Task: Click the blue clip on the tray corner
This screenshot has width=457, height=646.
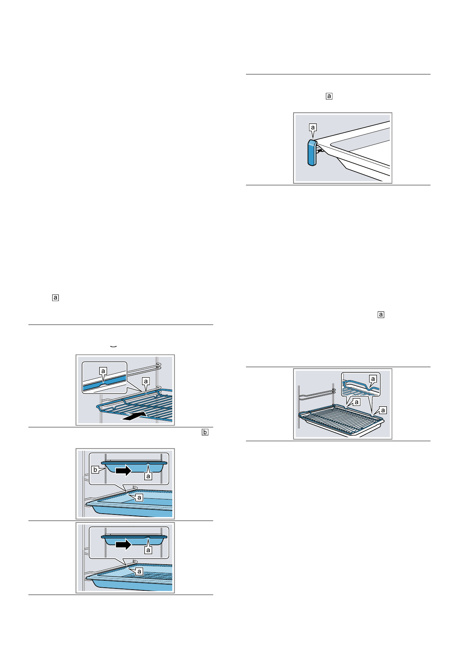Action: click(312, 153)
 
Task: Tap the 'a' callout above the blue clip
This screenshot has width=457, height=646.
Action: click(313, 127)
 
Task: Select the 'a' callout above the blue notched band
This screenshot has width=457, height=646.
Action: click(103, 371)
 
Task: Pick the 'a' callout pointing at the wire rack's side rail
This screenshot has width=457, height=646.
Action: click(145, 381)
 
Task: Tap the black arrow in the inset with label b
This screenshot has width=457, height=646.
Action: click(124, 470)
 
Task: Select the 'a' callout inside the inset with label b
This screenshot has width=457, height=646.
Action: click(148, 476)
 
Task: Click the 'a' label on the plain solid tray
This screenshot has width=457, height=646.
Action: click(139, 498)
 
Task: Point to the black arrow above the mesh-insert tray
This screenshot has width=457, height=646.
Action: click(124, 544)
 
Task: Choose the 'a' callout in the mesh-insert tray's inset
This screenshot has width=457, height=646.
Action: click(148, 550)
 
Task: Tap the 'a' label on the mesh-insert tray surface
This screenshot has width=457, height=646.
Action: click(139, 572)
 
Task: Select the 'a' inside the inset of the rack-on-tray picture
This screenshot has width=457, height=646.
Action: click(372, 379)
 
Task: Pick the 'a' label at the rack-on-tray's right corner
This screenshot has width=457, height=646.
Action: click(383, 410)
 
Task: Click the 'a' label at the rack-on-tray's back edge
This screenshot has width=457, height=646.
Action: click(356, 402)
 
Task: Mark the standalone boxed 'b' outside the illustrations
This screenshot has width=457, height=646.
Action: click(205, 432)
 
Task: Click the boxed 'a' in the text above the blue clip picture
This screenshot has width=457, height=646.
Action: click(329, 96)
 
